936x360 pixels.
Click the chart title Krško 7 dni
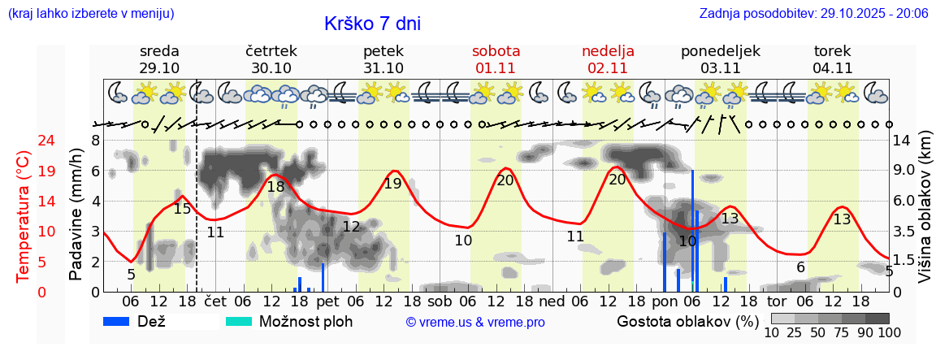point(372,24)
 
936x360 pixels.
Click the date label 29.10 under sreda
point(159,68)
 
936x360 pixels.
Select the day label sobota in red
point(496,50)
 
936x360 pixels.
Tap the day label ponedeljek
point(720,50)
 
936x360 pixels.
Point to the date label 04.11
point(832,68)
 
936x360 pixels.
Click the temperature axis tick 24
point(24,141)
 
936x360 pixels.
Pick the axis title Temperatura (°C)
point(24,215)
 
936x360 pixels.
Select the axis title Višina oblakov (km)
point(925,215)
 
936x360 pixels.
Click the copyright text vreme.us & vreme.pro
point(475,322)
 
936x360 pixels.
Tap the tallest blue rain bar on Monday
point(692,232)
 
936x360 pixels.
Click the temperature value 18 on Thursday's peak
point(275,186)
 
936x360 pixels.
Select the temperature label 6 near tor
point(800,267)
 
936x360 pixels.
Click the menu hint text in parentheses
point(90,13)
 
